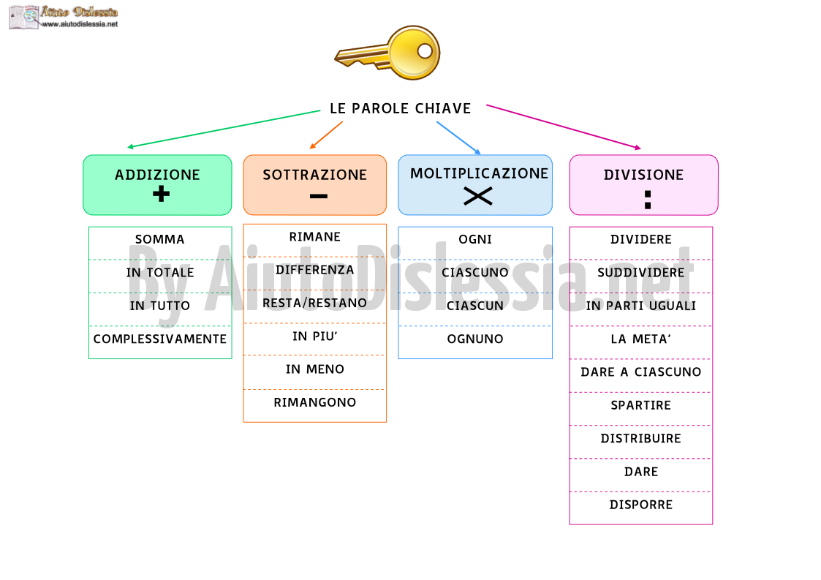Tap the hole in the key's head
tap(425, 50)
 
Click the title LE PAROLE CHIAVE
tap(401, 108)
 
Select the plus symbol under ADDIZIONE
tap(162, 194)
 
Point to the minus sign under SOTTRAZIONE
tap(318, 197)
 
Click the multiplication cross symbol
tap(477, 197)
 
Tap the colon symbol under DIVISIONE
tap(648, 200)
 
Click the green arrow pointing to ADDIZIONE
tap(224, 129)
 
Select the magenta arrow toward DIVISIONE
tap(564, 127)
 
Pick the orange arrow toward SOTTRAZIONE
tap(326, 135)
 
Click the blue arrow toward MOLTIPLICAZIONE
tap(458, 138)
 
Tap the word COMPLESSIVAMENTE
tap(159, 339)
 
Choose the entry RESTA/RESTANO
tap(314, 303)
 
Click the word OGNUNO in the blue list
tap(475, 339)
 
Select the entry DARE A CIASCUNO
tap(641, 372)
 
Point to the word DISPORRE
tap(641, 505)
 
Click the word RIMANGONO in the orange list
tap(314, 402)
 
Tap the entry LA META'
tap(641, 339)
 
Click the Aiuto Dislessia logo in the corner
tap(64, 17)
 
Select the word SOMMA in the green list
tap(159, 239)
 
